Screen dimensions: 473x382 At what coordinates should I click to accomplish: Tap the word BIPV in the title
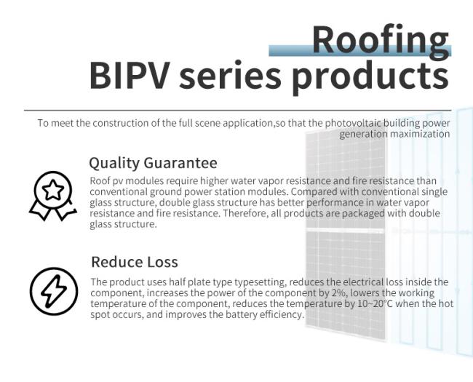(128, 75)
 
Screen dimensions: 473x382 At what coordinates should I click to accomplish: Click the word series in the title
(230, 75)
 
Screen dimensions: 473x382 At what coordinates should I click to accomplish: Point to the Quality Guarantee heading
(154, 163)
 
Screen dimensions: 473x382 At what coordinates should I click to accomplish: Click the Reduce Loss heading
(135, 262)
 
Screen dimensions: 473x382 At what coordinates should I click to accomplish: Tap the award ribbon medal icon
(53, 196)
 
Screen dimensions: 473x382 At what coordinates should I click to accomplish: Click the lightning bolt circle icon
(54, 291)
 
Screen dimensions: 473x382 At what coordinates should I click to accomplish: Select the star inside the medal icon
(53, 190)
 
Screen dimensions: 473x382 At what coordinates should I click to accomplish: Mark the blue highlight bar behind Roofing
(360, 50)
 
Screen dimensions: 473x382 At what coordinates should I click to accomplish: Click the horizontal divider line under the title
(238, 111)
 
